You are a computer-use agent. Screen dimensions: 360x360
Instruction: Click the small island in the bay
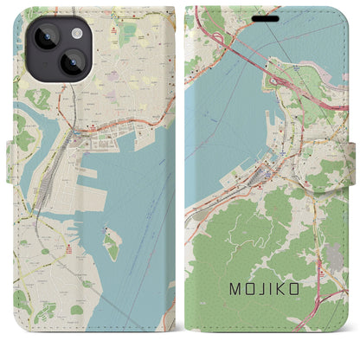click(112, 246)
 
